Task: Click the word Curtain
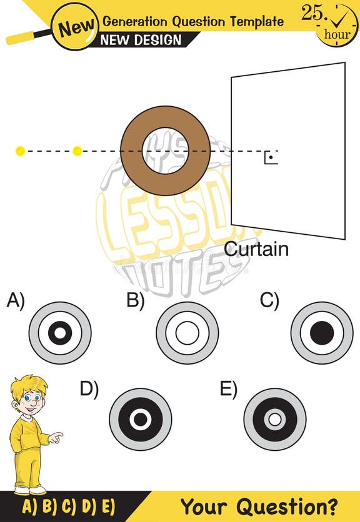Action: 256,249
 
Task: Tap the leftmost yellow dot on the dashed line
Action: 20,150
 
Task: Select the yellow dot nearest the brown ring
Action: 77,150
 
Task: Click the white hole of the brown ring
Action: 165,150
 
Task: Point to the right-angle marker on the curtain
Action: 270,157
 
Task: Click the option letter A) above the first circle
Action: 16,301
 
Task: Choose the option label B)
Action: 136,301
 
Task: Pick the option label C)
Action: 269,301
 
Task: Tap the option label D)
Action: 89,389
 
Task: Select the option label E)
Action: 229,389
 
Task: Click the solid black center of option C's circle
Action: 322,333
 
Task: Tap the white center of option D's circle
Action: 140,419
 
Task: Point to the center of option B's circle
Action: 187,333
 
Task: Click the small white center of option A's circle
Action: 60,333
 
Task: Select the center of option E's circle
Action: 274,419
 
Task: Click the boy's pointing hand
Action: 56,437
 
